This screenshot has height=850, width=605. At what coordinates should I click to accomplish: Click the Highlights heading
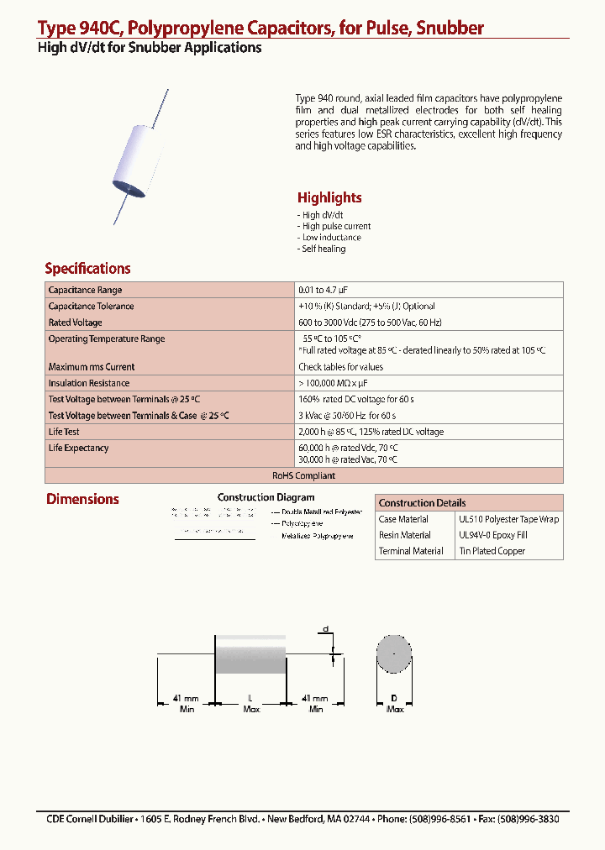click(329, 198)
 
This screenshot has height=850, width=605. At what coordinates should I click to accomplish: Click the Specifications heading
click(87, 269)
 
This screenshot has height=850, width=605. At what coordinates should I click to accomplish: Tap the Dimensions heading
click(82, 499)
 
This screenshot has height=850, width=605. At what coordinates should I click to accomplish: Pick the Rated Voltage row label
click(76, 323)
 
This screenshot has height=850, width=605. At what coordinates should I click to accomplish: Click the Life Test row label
click(64, 432)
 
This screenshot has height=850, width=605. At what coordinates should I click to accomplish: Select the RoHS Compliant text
click(303, 475)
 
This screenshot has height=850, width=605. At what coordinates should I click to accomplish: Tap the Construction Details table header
click(422, 503)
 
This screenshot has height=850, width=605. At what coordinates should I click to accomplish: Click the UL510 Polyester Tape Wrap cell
click(508, 520)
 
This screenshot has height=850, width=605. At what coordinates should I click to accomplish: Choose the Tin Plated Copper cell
click(492, 551)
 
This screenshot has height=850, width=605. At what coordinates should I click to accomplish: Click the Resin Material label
click(404, 535)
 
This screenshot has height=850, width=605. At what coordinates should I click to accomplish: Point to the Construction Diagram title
click(266, 498)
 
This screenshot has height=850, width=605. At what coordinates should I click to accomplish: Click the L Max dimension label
click(251, 704)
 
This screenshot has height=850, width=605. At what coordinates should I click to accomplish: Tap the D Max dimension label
click(394, 704)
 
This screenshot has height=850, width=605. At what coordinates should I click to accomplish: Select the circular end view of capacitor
click(393, 654)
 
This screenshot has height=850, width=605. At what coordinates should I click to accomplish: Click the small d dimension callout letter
click(325, 629)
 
